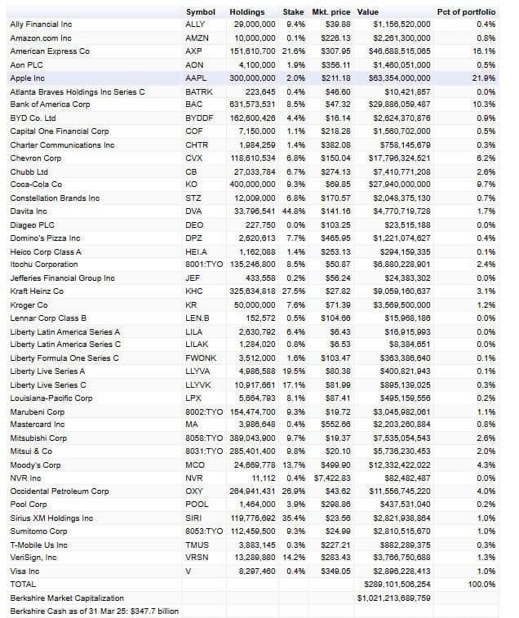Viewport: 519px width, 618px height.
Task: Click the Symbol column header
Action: click(x=200, y=12)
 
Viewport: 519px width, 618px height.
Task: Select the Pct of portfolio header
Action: click(x=466, y=12)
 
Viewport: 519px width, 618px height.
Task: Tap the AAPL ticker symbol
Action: click(x=197, y=78)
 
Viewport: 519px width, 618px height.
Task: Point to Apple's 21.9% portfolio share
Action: click(x=484, y=78)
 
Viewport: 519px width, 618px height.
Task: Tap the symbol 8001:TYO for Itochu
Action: click(x=203, y=265)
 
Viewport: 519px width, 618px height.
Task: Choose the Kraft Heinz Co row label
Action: click(x=37, y=291)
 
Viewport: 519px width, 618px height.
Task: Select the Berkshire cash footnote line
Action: click(x=94, y=611)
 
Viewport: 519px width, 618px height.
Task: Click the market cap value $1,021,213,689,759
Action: click(x=394, y=598)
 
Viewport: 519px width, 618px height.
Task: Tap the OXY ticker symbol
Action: click(x=195, y=491)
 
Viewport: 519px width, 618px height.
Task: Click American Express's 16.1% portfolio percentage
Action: click(x=484, y=51)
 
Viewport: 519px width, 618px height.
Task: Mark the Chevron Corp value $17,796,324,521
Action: click(x=400, y=158)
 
